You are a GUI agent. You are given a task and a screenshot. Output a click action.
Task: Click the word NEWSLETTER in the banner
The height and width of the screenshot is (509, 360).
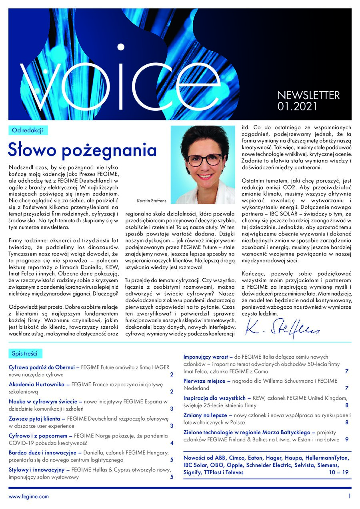click(308, 96)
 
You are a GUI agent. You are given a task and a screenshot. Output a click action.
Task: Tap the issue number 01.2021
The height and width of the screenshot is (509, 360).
click(297, 107)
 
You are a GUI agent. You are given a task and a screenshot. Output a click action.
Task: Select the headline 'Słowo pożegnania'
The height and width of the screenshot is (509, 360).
click(82, 150)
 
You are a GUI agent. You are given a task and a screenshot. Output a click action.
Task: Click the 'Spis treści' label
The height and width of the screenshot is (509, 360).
click(25, 353)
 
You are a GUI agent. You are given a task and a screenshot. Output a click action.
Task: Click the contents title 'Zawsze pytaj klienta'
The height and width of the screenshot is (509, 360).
click(36, 419)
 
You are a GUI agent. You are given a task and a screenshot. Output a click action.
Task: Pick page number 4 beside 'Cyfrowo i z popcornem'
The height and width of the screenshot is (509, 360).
click(172, 443)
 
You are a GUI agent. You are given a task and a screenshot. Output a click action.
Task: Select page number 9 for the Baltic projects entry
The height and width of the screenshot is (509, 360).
click(347, 439)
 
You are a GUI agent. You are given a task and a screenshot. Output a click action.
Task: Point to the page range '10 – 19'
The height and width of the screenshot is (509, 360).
click(338, 472)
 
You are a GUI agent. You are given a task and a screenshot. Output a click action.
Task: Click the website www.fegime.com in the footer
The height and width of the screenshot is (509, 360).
click(29, 496)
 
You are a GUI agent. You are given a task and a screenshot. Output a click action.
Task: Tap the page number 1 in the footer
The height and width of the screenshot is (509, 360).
click(349, 496)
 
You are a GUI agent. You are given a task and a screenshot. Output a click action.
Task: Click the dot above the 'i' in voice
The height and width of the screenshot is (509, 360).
click(120, 47)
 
